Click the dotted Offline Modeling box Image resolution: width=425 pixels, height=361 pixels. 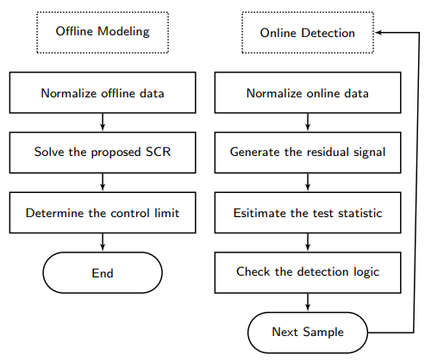103,33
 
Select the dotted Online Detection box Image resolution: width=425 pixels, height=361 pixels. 308,33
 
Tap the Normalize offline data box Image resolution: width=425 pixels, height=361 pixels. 103,93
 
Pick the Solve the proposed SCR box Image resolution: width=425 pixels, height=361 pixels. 103,152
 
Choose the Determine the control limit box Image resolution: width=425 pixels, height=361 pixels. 103,213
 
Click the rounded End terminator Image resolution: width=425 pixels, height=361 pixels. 103,272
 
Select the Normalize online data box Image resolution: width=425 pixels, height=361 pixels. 308,93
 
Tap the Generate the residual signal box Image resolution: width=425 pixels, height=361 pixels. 308,152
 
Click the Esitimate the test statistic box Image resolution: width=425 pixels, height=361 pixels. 308,213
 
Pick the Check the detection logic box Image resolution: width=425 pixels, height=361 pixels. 308,272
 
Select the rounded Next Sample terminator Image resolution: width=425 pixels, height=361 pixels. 308,333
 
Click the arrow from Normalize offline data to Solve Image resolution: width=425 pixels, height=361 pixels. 103,122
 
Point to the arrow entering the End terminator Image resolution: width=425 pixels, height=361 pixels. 103,242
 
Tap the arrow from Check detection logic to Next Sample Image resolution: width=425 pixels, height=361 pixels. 308,302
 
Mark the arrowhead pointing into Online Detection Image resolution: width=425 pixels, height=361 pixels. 378,33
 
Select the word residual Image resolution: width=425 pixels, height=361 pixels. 327,152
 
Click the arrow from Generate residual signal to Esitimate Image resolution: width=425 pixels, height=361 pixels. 308,183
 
